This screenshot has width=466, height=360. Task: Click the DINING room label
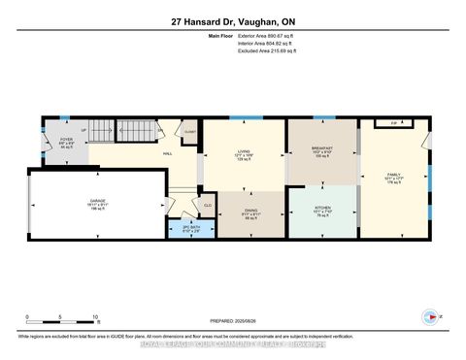point(250,216)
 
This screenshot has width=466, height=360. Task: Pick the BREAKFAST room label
point(321,151)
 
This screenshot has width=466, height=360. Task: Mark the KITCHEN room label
point(321,211)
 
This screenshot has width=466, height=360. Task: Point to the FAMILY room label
point(392,178)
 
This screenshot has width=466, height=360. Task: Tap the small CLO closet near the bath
point(208,205)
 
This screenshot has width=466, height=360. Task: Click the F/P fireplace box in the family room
point(394,124)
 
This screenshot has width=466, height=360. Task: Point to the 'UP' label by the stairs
point(84,130)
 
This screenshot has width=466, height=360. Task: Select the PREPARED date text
point(234,322)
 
